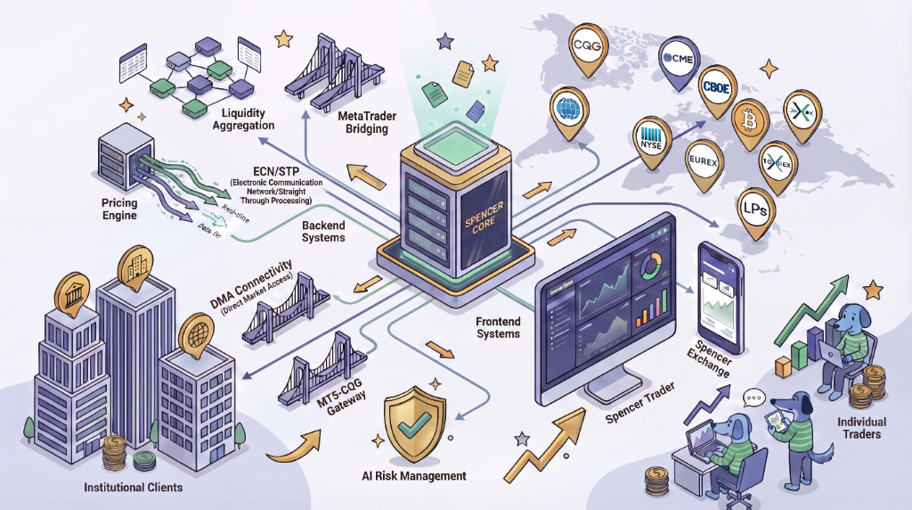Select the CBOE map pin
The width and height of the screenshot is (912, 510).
pos(716,86)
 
